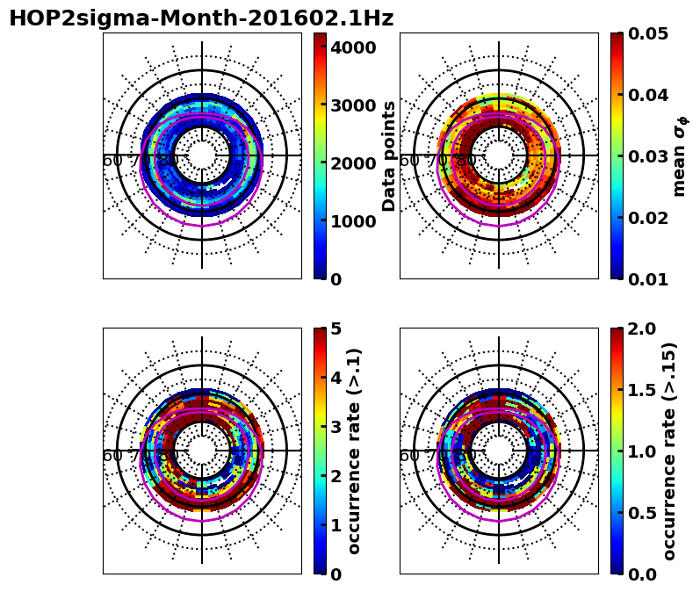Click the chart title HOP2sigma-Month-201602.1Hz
coord(201,18)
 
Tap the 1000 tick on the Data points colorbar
coord(354,221)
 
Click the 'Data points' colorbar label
coord(389,155)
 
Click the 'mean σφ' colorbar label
coord(679,156)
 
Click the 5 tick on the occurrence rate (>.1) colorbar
coord(336,328)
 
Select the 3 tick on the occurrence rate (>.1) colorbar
coord(336,427)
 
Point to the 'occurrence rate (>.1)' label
coord(355,451)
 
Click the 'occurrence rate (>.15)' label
coord(669,451)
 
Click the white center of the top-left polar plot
coord(202,155)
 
